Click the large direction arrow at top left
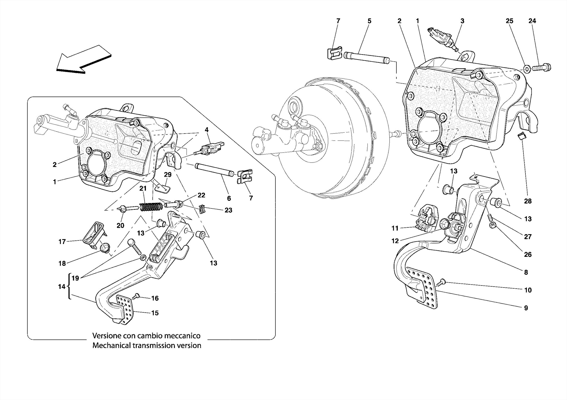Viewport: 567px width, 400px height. [83, 59]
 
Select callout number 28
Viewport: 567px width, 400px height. [528, 201]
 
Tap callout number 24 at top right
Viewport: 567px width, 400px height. [532, 21]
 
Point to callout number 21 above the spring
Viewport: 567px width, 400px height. [143, 189]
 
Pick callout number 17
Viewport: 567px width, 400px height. [62, 242]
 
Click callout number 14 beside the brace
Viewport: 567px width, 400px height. [62, 287]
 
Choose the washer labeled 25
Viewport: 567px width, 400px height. [527, 68]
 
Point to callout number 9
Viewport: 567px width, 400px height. [526, 308]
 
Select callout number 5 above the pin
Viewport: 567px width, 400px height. [369, 21]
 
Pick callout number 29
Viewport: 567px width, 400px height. [168, 175]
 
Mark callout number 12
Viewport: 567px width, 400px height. [395, 241]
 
